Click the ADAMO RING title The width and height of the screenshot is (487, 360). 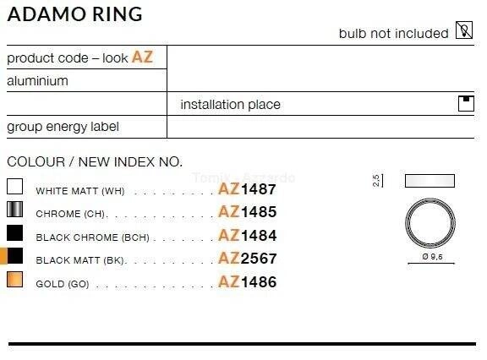point(75,14)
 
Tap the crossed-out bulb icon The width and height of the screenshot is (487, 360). point(464,30)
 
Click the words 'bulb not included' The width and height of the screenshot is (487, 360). point(393,34)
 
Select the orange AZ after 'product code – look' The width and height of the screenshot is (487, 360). point(143,57)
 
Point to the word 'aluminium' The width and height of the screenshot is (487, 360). point(37,81)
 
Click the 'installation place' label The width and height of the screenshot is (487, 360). point(230,104)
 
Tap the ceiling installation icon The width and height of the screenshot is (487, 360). point(466,103)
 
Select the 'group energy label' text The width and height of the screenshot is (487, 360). point(63,127)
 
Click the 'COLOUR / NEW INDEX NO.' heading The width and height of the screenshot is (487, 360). point(95,161)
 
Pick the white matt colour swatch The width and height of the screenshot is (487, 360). point(14,186)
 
